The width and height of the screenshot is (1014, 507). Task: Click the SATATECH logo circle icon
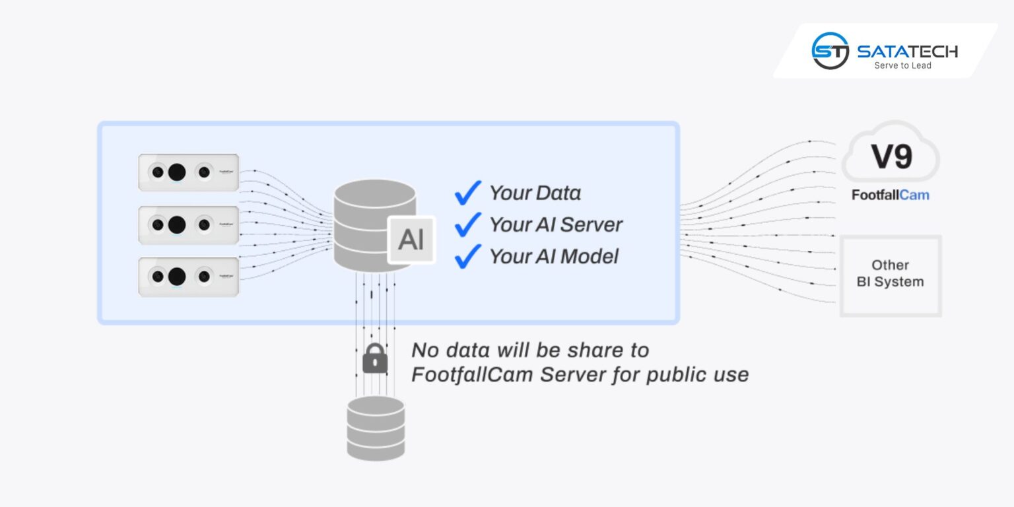click(830, 51)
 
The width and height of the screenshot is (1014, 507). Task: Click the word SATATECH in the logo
click(907, 51)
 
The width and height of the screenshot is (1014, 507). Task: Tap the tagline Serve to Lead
click(902, 66)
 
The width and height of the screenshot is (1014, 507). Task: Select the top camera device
click(188, 172)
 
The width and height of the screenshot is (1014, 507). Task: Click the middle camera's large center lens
click(176, 224)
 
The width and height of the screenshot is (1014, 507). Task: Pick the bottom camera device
click(188, 277)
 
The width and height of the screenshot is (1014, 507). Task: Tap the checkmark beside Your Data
click(467, 193)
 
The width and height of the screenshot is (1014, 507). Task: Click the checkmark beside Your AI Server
click(467, 224)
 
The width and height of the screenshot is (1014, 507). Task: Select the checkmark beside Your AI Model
click(467, 256)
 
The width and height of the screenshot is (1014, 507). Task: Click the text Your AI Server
click(555, 224)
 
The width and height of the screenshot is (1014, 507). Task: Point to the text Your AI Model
click(553, 256)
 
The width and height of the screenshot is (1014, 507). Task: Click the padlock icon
click(375, 358)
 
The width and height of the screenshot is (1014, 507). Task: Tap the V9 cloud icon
click(891, 156)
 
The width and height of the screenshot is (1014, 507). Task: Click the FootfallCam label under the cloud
click(890, 195)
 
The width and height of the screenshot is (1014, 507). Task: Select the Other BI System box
click(890, 274)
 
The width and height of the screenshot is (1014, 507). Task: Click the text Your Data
click(535, 193)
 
